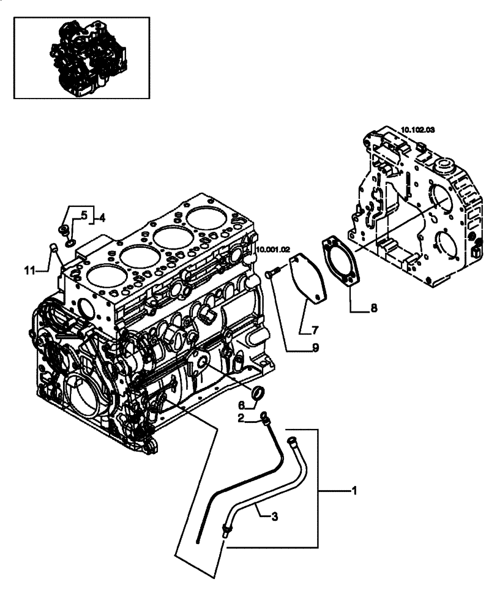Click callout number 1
click(354, 490)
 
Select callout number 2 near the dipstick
click(242, 419)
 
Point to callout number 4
click(102, 217)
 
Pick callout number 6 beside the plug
click(241, 405)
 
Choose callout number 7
click(316, 330)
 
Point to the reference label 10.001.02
click(270, 249)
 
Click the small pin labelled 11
click(53, 248)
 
